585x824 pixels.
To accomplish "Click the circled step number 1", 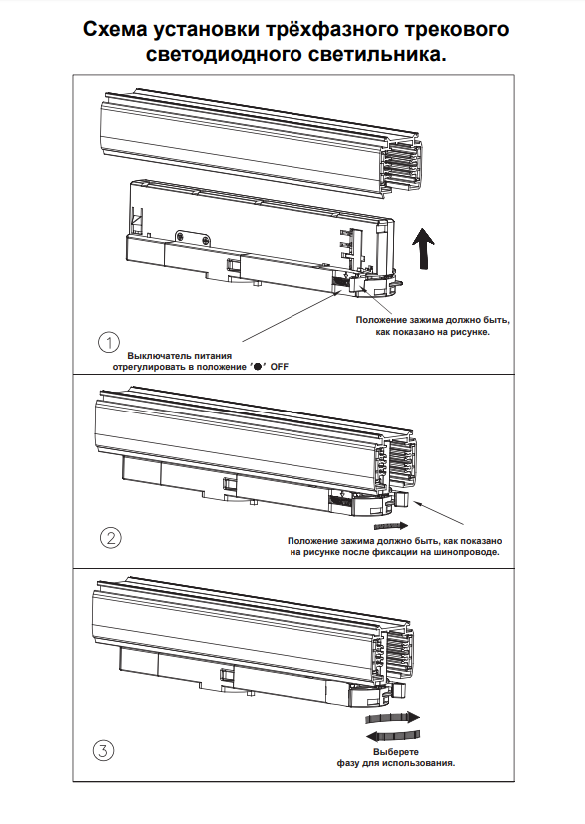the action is [109, 343].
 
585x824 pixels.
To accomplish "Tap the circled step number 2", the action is [110, 538].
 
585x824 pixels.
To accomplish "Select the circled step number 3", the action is [103, 750].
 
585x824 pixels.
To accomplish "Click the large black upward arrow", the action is [422, 248].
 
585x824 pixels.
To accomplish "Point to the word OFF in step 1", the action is [279, 367].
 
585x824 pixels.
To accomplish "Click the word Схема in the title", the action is [115, 29].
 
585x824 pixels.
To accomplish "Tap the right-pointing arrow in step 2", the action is [391, 525].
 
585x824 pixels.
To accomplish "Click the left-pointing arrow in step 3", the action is [393, 735].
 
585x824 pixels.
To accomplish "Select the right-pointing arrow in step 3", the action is [393, 718].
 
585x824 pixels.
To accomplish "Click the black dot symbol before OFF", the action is [258, 367].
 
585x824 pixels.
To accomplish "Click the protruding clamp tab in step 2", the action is [402, 499].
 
